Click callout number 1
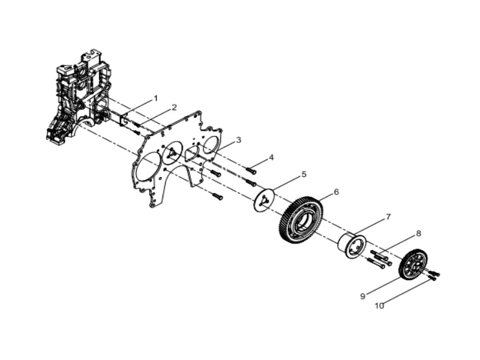coord(156,97)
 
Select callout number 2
coord(174,107)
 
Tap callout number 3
coord(238,140)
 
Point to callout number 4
coord(271,157)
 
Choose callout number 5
coord(304,174)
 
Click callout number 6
coord(336,192)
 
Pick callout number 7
coord(388,216)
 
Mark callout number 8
coord(418,233)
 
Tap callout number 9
coord(362,296)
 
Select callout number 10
coord(379,305)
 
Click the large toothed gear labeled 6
coord(301,220)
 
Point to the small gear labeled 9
coord(413,265)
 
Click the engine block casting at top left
coord(78,99)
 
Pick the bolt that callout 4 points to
coord(251,171)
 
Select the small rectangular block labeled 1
coord(127,122)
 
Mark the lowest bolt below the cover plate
coord(217,196)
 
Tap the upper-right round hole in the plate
coord(211,145)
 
